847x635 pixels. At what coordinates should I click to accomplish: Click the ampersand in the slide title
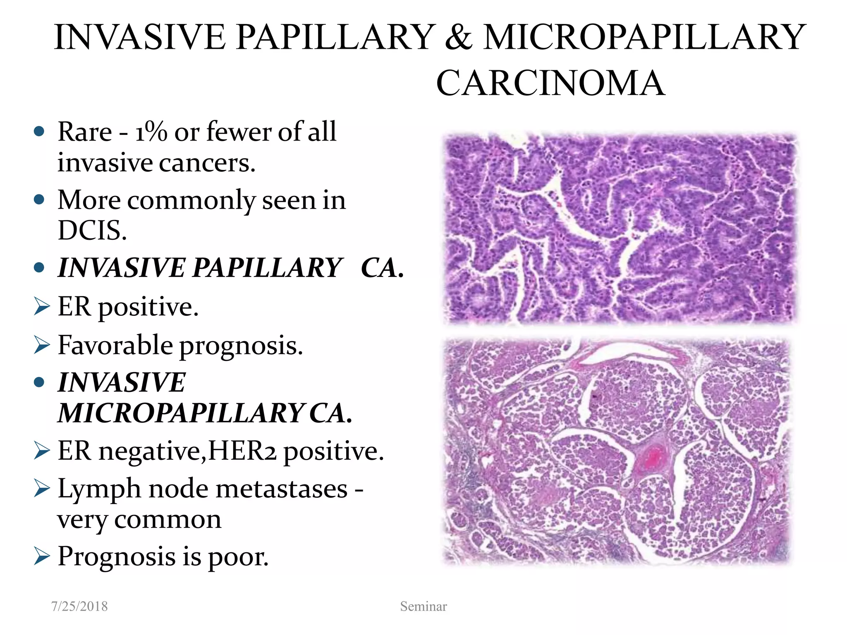(458, 37)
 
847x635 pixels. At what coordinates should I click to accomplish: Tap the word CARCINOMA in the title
(550, 83)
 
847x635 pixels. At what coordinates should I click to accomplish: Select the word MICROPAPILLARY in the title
(644, 37)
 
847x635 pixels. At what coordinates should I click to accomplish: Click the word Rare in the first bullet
(85, 132)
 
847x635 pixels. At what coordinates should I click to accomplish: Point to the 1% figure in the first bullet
(151, 132)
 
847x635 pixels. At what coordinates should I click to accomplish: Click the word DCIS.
(92, 230)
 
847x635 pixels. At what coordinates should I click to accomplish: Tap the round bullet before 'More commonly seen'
(39, 200)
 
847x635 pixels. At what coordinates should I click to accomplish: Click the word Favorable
(115, 345)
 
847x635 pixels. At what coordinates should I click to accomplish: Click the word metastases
(281, 489)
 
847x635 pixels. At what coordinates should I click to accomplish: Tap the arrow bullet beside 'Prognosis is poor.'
(42, 556)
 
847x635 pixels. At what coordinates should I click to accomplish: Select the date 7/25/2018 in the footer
(79, 606)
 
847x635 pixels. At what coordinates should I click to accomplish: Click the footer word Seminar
(423, 606)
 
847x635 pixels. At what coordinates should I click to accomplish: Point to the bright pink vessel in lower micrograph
(653, 458)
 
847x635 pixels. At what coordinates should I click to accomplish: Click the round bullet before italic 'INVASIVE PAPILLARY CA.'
(39, 267)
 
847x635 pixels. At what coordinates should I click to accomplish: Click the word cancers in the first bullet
(207, 163)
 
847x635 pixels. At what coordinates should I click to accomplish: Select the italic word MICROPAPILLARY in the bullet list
(181, 413)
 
